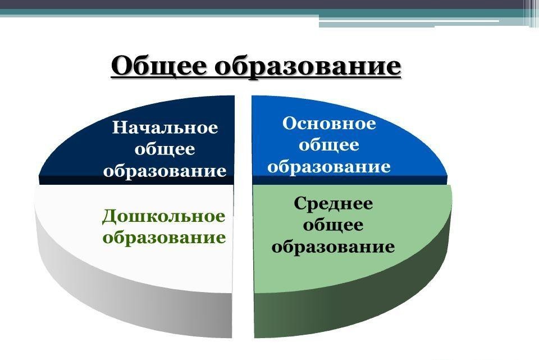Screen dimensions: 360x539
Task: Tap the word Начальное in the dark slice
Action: (165, 127)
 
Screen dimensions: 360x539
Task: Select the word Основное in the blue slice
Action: (329, 124)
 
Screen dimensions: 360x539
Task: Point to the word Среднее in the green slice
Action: (333, 203)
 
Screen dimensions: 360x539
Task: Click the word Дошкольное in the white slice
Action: (163, 216)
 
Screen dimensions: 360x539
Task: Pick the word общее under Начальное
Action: (165, 149)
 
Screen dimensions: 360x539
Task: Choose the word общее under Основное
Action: (329, 145)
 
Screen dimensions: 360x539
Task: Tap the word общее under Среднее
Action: (333, 225)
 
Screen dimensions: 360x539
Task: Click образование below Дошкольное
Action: (165, 237)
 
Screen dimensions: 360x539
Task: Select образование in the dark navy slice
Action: (165, 170)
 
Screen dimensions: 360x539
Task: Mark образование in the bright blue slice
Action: (329, 166)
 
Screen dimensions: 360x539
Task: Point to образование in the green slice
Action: (333, 247)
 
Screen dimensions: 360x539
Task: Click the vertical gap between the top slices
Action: (243, 140)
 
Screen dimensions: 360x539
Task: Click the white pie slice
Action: (67, 225)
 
